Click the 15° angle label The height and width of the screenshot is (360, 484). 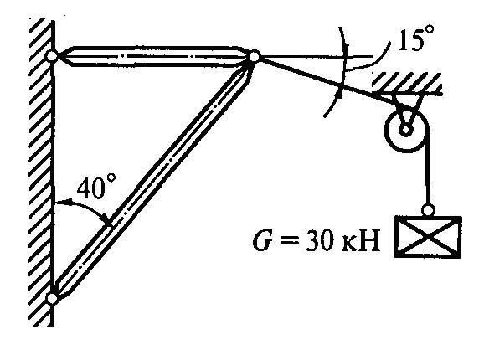416,38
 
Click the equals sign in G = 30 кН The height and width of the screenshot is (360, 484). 289,241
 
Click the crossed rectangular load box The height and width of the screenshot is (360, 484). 428,237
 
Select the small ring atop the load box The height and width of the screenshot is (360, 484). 428,211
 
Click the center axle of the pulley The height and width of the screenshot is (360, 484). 406,130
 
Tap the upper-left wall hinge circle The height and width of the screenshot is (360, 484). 52,56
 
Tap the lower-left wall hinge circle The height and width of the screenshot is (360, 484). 52,299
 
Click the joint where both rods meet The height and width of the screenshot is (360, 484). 254,57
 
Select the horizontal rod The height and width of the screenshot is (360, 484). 152,56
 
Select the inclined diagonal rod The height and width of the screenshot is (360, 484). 152,178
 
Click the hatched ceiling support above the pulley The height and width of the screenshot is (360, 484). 407,83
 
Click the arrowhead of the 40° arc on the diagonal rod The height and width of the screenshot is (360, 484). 108,222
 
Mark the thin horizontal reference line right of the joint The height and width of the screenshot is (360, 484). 317,57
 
